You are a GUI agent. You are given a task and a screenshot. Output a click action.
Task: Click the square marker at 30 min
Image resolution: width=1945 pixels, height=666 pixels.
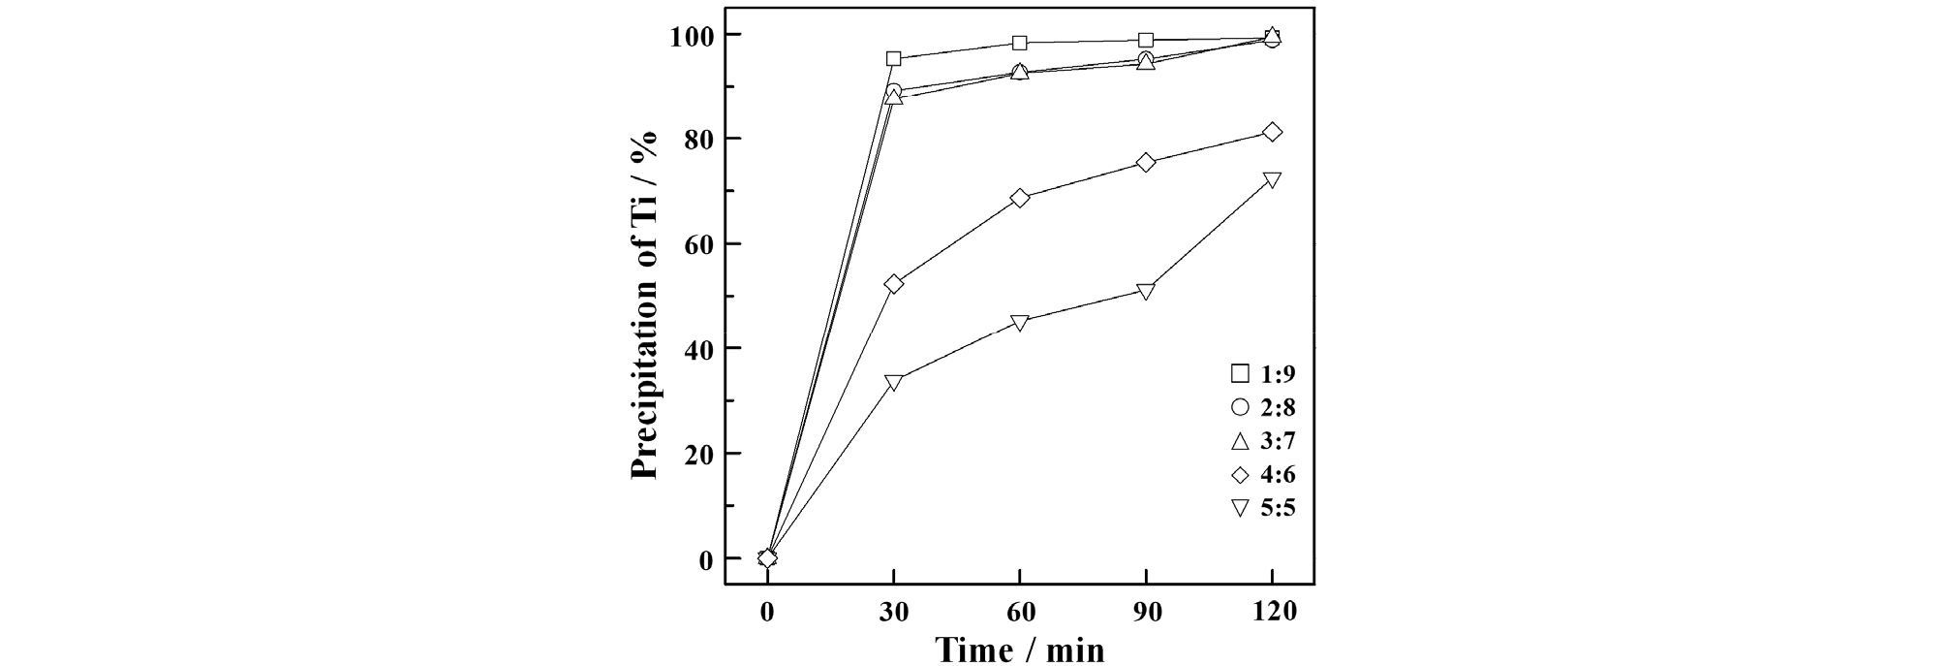pos(894,59)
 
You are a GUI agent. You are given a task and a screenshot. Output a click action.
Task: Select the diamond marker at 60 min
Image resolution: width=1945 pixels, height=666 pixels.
pos(1020,198)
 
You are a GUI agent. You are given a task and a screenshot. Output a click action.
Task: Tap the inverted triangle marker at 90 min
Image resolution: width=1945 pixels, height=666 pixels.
pos(1146,291)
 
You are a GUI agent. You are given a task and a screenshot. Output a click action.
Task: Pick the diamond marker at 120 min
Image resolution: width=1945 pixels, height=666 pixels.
pos(1272,132)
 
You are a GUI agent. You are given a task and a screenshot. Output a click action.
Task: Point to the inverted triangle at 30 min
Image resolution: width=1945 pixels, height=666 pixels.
pos(894,382)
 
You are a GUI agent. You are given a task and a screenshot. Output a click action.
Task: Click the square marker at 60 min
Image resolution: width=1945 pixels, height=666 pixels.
pos(1020,43)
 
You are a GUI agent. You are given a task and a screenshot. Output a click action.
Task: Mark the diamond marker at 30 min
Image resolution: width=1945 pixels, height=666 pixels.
pos(894,284)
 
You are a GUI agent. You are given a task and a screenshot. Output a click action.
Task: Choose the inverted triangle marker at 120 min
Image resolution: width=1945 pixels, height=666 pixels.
pos(1272,179)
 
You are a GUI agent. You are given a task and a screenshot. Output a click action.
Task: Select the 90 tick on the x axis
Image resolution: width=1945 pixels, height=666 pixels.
pos(1146,613)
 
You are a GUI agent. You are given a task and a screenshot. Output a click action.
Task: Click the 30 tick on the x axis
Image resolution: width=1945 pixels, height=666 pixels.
pos(894,613)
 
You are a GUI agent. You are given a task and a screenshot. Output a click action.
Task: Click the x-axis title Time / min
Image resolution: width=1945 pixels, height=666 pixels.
pos(1020,649)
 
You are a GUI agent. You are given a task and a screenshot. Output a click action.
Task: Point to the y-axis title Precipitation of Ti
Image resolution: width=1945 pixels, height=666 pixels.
pos(644,305)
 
